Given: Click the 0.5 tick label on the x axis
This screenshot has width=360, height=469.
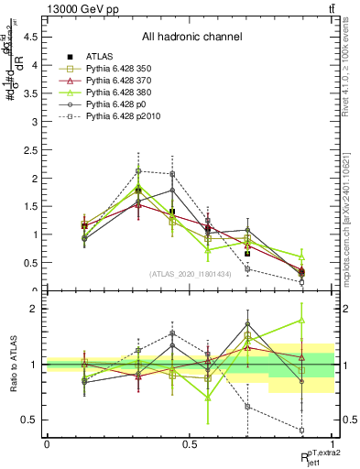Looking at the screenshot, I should point(190,443).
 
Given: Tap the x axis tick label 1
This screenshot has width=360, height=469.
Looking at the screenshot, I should point(333,443).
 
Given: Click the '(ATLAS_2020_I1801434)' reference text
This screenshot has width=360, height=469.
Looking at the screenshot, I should point(191,274).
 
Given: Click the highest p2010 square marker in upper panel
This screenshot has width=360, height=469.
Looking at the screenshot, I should point(138,170).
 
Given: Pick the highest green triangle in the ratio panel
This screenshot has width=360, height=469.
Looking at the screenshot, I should point(301,320).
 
